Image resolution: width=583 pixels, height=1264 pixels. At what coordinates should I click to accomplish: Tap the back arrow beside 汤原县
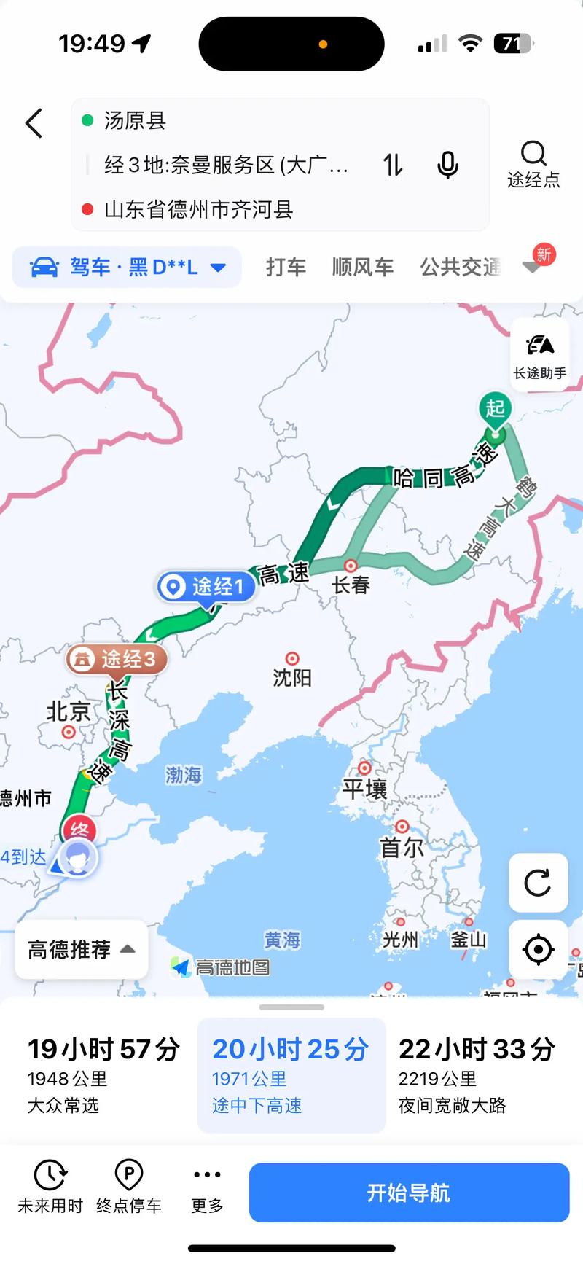34,123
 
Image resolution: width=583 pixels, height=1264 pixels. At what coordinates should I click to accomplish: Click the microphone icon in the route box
447,165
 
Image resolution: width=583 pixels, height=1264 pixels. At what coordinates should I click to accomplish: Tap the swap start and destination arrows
394,165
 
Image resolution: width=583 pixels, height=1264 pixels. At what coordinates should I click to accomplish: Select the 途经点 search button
533,164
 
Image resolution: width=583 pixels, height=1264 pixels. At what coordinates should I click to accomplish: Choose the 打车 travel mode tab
286,268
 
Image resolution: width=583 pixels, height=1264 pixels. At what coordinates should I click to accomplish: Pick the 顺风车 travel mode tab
362,268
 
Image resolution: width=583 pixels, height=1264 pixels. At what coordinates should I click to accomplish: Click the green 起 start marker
496,410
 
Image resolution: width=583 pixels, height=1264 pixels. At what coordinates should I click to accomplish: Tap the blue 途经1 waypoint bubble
206,586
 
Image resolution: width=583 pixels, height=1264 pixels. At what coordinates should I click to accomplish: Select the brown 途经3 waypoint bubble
117,659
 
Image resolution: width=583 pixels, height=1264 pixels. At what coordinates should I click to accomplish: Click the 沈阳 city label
292,678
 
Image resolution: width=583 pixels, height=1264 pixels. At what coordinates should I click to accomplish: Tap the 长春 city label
351,585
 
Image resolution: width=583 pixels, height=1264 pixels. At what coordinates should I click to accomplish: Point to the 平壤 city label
364,789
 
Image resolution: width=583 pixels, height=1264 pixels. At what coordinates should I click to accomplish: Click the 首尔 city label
402,847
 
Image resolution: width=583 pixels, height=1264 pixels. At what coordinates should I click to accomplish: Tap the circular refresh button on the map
538,883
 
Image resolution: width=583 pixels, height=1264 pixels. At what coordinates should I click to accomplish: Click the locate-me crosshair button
538,950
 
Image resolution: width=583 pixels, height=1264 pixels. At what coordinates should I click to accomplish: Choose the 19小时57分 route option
103,1075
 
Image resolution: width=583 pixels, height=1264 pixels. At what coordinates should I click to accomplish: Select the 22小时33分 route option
477,1075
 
